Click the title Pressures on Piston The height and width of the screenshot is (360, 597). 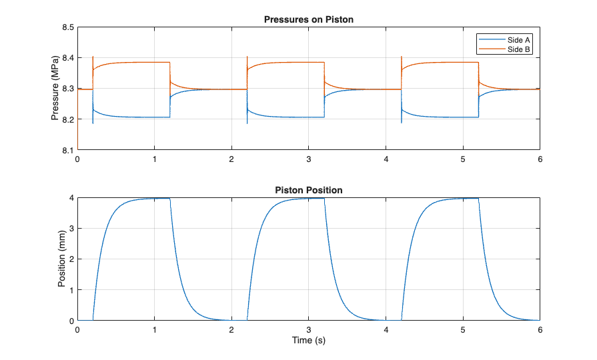click(x=309, y=19)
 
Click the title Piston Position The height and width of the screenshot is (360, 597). click(x=309, y=190)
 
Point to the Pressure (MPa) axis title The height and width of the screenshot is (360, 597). click(x=56, y=89)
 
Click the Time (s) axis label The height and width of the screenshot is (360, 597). click(x=309, y=340)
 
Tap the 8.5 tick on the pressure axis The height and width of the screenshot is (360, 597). click(x=68, y=27)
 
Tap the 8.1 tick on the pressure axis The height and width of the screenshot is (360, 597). click(x=68, y=150)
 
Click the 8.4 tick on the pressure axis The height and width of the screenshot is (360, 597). click(x=68, y=58)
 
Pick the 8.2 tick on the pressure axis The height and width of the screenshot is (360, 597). click(x=68, y=119)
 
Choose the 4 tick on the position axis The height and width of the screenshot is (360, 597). click(x=71, y=198)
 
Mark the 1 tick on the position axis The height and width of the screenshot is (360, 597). click(x=71, y=290)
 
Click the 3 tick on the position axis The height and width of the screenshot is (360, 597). click(x=71, y=229)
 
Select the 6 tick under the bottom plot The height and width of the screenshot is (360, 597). click(x=540, y=330)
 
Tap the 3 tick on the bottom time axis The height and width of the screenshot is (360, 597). click(x=309, y=330)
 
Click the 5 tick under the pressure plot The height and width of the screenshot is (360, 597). click(x=463, y=159)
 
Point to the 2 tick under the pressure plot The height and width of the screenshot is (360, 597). click(x=231, y=159)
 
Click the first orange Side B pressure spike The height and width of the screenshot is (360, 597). click(x=93, y=58)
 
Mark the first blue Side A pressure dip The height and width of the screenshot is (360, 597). click(x=93, y=122)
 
